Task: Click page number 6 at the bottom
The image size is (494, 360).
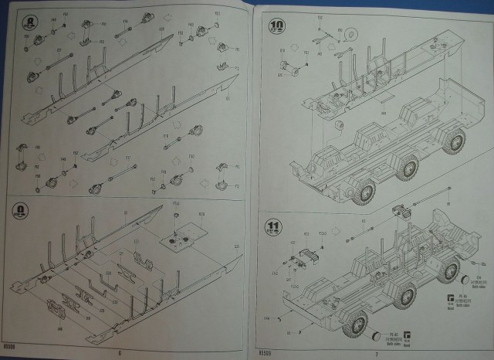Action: [120, 353]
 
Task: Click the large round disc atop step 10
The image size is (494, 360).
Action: [349, 35]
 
